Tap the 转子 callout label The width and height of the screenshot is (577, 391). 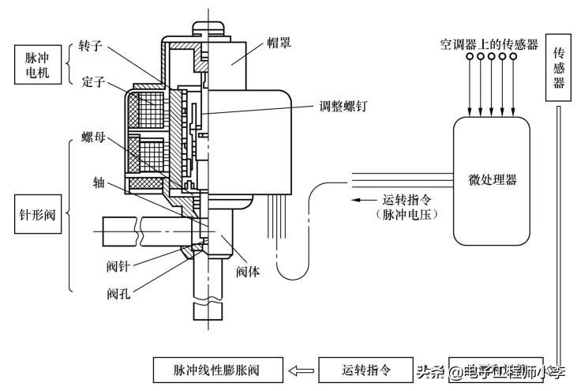click(93, 46)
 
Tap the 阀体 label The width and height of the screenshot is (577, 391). click(248, 271)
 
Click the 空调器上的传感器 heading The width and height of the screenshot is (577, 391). click(489, 44)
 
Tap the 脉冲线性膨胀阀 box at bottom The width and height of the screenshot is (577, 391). click(216, 369)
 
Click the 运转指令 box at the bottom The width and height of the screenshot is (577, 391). click(365, 369)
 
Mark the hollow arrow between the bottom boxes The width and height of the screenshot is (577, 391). click(300, 369)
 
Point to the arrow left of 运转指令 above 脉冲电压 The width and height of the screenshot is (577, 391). click(364, 199)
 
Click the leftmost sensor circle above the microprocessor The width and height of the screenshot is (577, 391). click(469, 58)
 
